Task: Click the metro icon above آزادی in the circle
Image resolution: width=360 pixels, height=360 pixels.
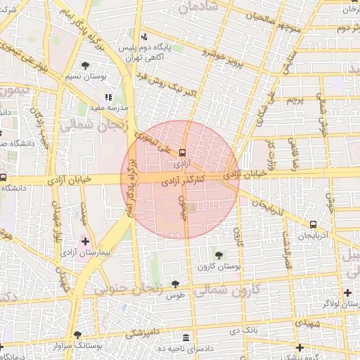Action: pos(183,152)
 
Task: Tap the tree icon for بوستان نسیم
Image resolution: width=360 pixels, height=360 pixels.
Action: pos(85,65)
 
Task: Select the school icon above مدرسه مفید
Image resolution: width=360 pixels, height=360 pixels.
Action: pos(108,98)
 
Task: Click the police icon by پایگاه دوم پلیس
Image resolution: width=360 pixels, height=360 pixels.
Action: pos(144,37)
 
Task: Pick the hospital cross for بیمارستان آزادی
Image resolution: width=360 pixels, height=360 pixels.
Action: pos(85,241)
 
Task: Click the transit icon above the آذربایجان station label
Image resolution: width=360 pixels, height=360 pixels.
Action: pos(312,224)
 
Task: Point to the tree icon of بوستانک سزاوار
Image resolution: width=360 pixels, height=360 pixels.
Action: pos(77,335)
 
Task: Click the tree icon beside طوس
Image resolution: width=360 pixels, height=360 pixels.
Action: pos(175,285)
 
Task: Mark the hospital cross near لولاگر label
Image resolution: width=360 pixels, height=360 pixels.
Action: pos(347,291)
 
